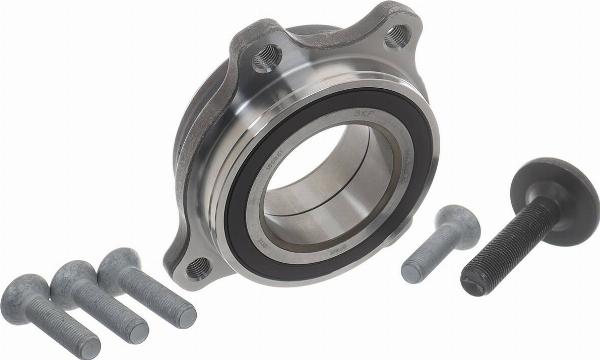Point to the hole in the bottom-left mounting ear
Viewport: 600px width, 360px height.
pyautogui.click(x=198, y=267)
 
